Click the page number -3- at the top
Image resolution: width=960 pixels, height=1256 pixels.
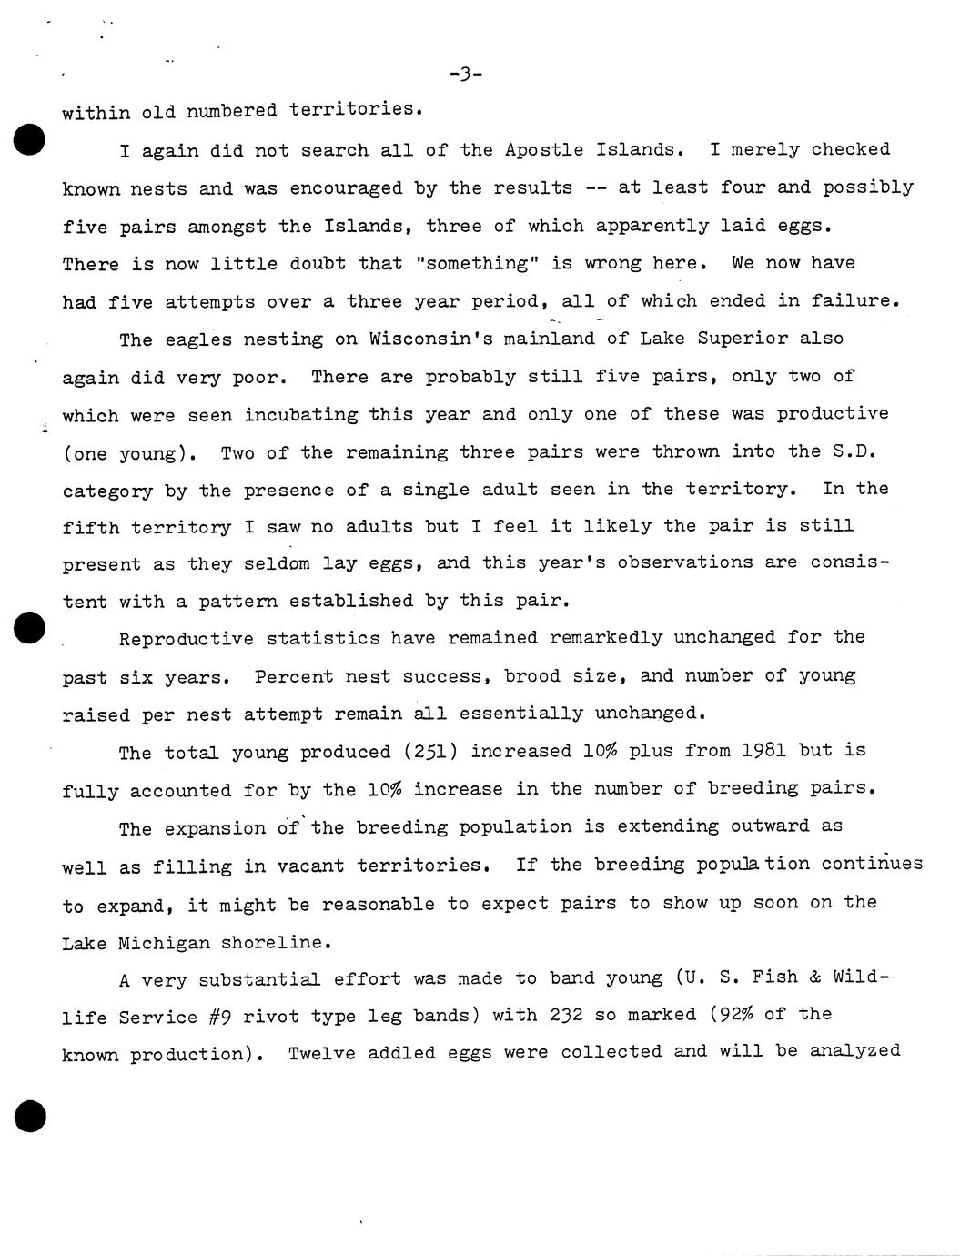pyautogui.click(x=465, y=74)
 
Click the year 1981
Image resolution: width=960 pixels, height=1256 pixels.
pyautogui.click(x=758, y=751)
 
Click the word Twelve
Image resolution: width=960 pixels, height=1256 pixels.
pyautogui.click(x=322, y=1053)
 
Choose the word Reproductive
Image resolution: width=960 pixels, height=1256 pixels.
pyautogui.click(x=187, y=638)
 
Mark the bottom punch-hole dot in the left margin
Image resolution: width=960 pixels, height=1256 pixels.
pyautogui.click(x=29, y=1115)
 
